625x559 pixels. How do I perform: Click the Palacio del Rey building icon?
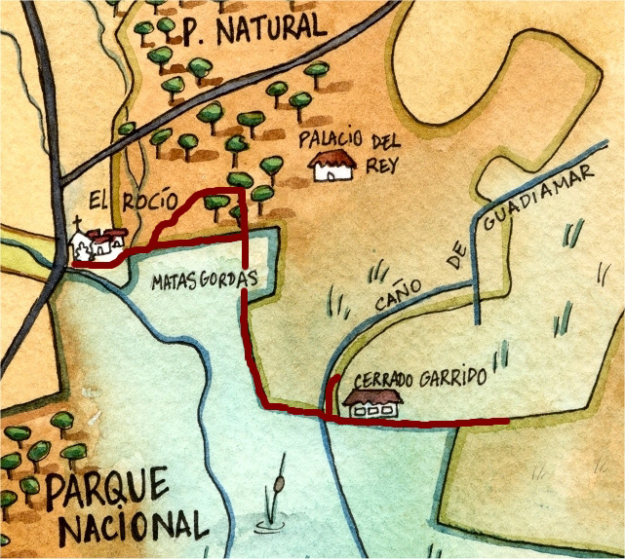pyautogui.click(x=331, y=168)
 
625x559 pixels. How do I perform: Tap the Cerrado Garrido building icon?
pyautogui.click(x=372, y=404)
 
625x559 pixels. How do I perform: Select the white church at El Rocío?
pyautogui.click(x=97, y=245)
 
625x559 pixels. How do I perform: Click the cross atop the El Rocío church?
pyautogui.click(x=78, y=224)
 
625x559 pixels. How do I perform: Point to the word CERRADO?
pyautogui.click(x=386, y=379)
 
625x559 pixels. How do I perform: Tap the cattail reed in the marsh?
pyautogui.click(x=278, y=492)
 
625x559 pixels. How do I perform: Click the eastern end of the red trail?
pyautogui.click(x=505, y=422)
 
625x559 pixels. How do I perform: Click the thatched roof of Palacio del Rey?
pyautogui.click(x=330, y=158)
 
